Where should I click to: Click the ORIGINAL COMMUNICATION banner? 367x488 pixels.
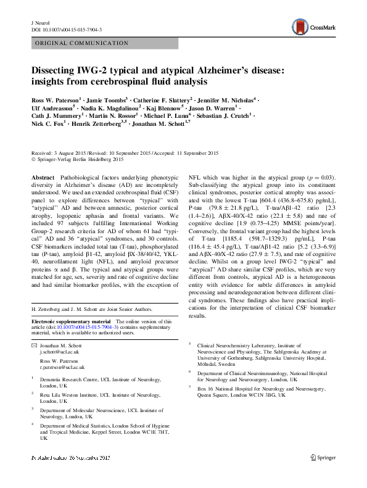pyautogui.click(x=78, y=44)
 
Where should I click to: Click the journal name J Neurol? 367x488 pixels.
pyautogui.click(x=40, y=22)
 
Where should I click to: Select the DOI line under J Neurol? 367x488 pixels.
pyautogui.click(x=66, y=29)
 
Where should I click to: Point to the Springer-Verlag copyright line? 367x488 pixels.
pyautogui.click(x=80, y=160)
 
